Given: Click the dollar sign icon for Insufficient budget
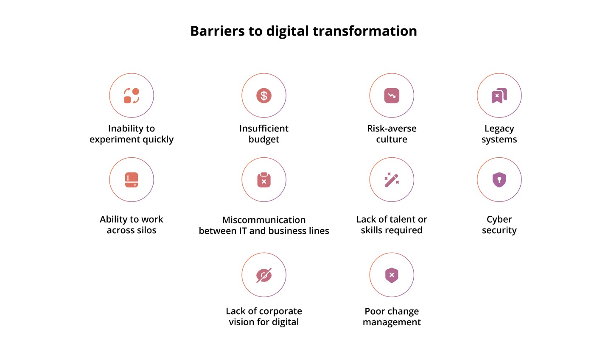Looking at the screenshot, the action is pos(264,96).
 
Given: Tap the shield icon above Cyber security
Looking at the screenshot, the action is pos(499,180).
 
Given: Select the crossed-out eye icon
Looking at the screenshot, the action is pos(264,275).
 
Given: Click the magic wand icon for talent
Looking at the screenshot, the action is pos(392,180).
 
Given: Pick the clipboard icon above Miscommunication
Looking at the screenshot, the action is pos(264,180).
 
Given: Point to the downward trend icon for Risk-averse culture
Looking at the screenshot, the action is pos(392,96).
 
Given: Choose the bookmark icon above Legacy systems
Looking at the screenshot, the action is pos(499,96).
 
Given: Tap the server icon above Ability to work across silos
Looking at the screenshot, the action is pos(132,180).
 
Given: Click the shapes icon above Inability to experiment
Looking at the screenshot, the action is pos(132,96).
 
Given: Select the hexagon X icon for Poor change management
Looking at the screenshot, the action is pos(392,275).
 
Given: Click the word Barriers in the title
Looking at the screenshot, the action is pos(217,31).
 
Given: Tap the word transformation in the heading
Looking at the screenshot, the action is pos(365,31).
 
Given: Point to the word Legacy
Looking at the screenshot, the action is pos(499,129).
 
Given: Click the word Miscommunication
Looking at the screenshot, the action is pos(264,220).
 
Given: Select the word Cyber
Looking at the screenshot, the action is pos(499,220).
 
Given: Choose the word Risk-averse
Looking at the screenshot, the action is pos(392,128).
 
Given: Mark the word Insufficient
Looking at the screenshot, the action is pos(264,128).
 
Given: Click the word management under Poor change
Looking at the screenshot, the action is pos(392,322).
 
